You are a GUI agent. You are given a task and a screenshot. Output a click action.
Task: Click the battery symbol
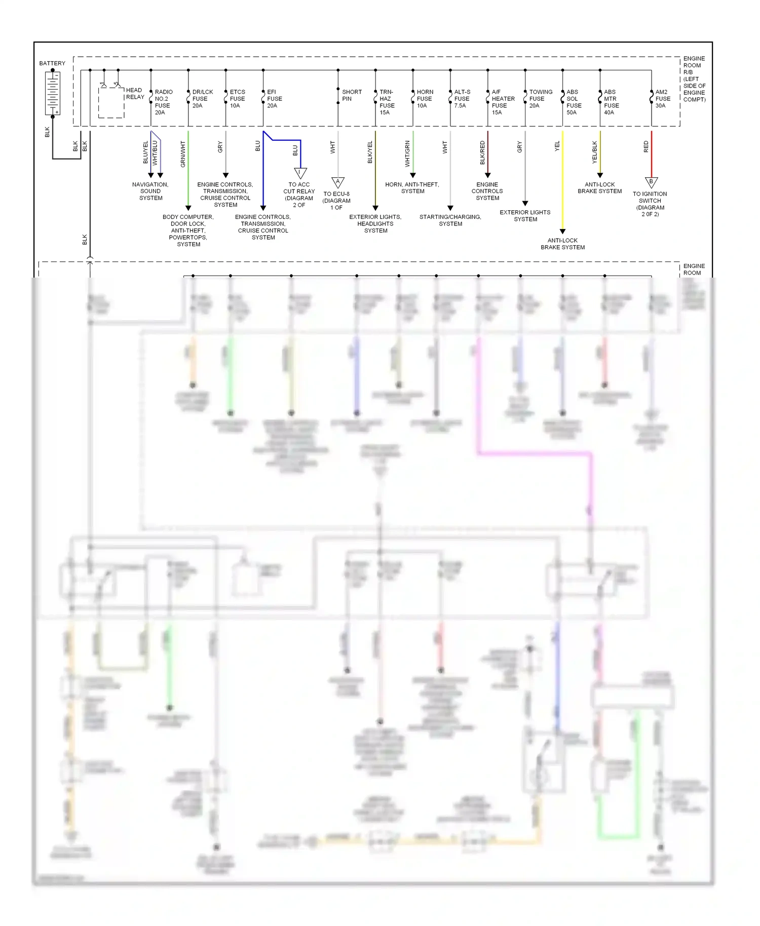[x=53, y=93]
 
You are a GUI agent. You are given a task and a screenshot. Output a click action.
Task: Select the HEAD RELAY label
[x=135, y=93]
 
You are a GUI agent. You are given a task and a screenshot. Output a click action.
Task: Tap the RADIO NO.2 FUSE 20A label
[x=163, y=102]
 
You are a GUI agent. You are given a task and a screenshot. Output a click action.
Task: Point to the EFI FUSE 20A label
[x=274, y=99]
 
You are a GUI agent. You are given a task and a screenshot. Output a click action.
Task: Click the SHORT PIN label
[x=352, y=95]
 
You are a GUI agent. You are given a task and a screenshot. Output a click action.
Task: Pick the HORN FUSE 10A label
[x=425, y=99]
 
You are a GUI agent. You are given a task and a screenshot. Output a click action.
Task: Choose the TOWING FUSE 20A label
[x=540, y=99]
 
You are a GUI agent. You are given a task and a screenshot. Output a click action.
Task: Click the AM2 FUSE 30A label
[x=662, y=99]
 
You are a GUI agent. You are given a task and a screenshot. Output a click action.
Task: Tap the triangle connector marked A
[x=338, y=182]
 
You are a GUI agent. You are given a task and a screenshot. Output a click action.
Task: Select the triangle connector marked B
[x=651, y=182]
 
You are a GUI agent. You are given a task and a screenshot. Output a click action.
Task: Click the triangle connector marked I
[x=300, y=173]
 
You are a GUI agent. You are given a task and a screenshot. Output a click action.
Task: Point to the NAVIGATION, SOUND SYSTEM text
[x=150, y=191]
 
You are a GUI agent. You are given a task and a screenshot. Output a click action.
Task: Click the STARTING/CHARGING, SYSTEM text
[x=450, y=220]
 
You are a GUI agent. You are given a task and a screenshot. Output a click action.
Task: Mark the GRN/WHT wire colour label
[x=183, y=154]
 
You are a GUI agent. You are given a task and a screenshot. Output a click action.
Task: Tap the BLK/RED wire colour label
[x=482, y=152]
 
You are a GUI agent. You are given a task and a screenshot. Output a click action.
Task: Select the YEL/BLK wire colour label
[x=595, y=152]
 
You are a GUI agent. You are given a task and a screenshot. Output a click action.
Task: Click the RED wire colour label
[x=646, y=147]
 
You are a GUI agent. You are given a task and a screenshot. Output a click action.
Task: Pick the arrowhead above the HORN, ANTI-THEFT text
[x=413, y=175]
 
